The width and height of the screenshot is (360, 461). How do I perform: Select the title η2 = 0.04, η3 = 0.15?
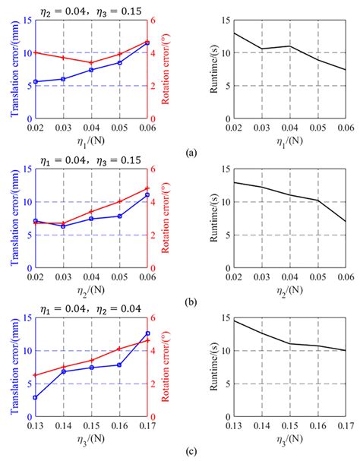90,8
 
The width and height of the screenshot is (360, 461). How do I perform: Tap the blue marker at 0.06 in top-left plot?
147,43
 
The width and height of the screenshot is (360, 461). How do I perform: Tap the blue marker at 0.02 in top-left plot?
35,82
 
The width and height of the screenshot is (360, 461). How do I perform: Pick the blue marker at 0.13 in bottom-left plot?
35,397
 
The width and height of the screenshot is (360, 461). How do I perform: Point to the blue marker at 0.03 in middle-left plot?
63,226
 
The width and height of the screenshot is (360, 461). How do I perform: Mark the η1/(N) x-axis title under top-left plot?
90,139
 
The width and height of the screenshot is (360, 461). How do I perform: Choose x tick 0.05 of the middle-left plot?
119,276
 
